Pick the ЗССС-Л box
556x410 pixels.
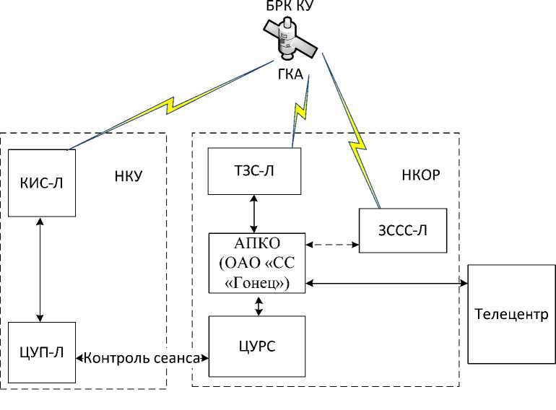pyautogui.click(x=403, y=231)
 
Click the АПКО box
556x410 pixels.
pyautogui.click(x=257, y=263)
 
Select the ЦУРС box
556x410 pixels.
pyautogui.click(x=257, y=346)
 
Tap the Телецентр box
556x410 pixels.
pyautogui.click(x=511, y=315)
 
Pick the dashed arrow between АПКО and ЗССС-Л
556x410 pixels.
pyautogui.click(x=331, y=245)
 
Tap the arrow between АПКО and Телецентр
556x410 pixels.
pyautogui.click(x=386, y=283)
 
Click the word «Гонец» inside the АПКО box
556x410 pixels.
pyautogui.click(x=257, y=284)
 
